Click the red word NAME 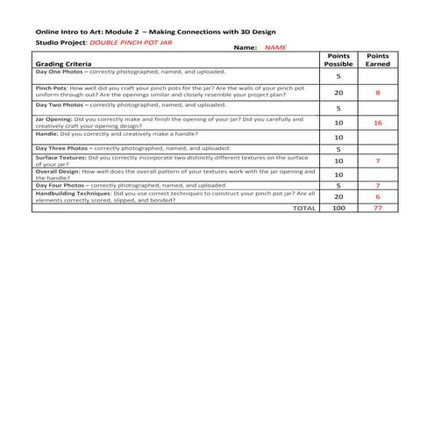tap(275, 47)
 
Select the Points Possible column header tap(338, 60)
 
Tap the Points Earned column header tap(378, 60)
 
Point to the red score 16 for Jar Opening tap(378, 123)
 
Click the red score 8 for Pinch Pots tap(378, 92)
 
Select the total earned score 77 tap(378, 209)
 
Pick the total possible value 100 tap(338, 209)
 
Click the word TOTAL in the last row tap(303, 209)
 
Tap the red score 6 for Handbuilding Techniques tap(378, 197)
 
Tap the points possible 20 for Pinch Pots tap(338, 92)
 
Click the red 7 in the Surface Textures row tap(378, 161)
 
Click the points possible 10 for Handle tap(338, 138)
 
